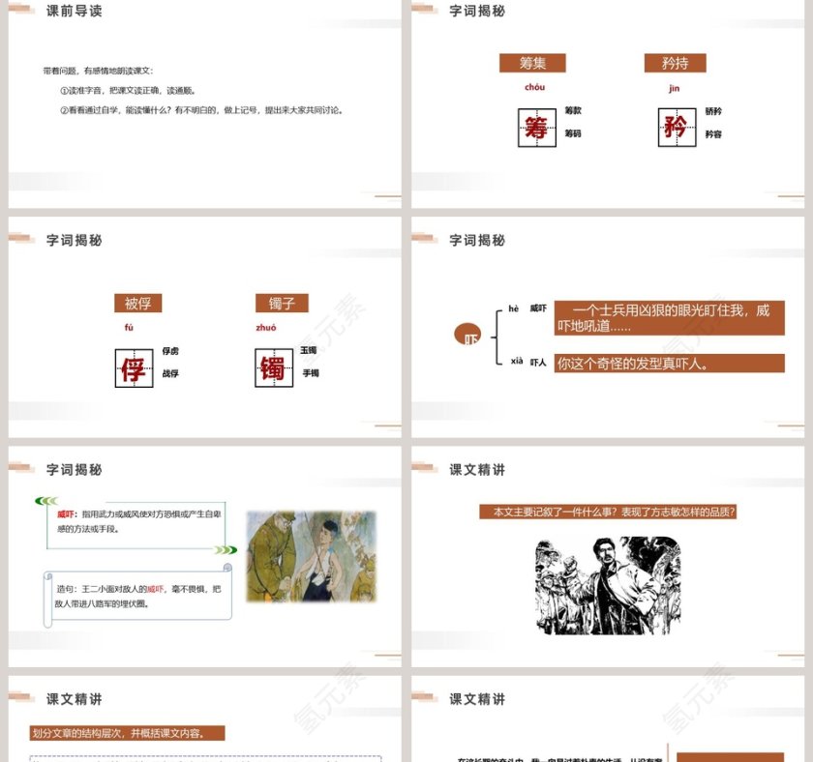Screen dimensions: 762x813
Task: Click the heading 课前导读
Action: pyautogui.click(x=75, y=12)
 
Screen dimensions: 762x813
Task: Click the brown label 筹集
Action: pyautogui.click(x=532, y=63)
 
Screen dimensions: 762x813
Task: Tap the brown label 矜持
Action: pyautogui.click(x=675, y=63)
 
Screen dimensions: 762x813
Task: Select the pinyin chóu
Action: pyautogui.click(x=534, y=88)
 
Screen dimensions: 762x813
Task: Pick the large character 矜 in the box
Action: pyautogui.click(x=677, y=127)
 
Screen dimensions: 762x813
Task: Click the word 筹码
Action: pyautogui.click(x=573, y=133)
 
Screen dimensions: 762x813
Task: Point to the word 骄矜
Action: pyautogui.click(x=713, y=111)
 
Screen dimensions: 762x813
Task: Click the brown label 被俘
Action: pyautogui.click(x=137, y=303)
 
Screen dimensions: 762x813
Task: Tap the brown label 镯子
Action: pyautogui.click(x=282, y=303)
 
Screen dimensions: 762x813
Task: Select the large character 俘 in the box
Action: pyautogui.click(x=134, y=367)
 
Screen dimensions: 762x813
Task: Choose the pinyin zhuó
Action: pyautogui.click(x=266, y=328)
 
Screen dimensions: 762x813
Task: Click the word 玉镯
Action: pyautogui.click(x=309, y=350)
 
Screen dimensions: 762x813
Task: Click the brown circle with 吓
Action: pyautogui.click(x=467, y=336)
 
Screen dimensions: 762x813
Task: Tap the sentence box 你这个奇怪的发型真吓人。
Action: pyautogui.click(x=669, y=364)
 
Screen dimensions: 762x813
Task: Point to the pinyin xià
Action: pyautogui.click(x=517, y=361)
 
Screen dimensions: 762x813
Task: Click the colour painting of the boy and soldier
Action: pyautogui.click(x=296, y=556)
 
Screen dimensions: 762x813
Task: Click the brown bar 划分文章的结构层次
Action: pyautogui.click(x=128, y=732)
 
